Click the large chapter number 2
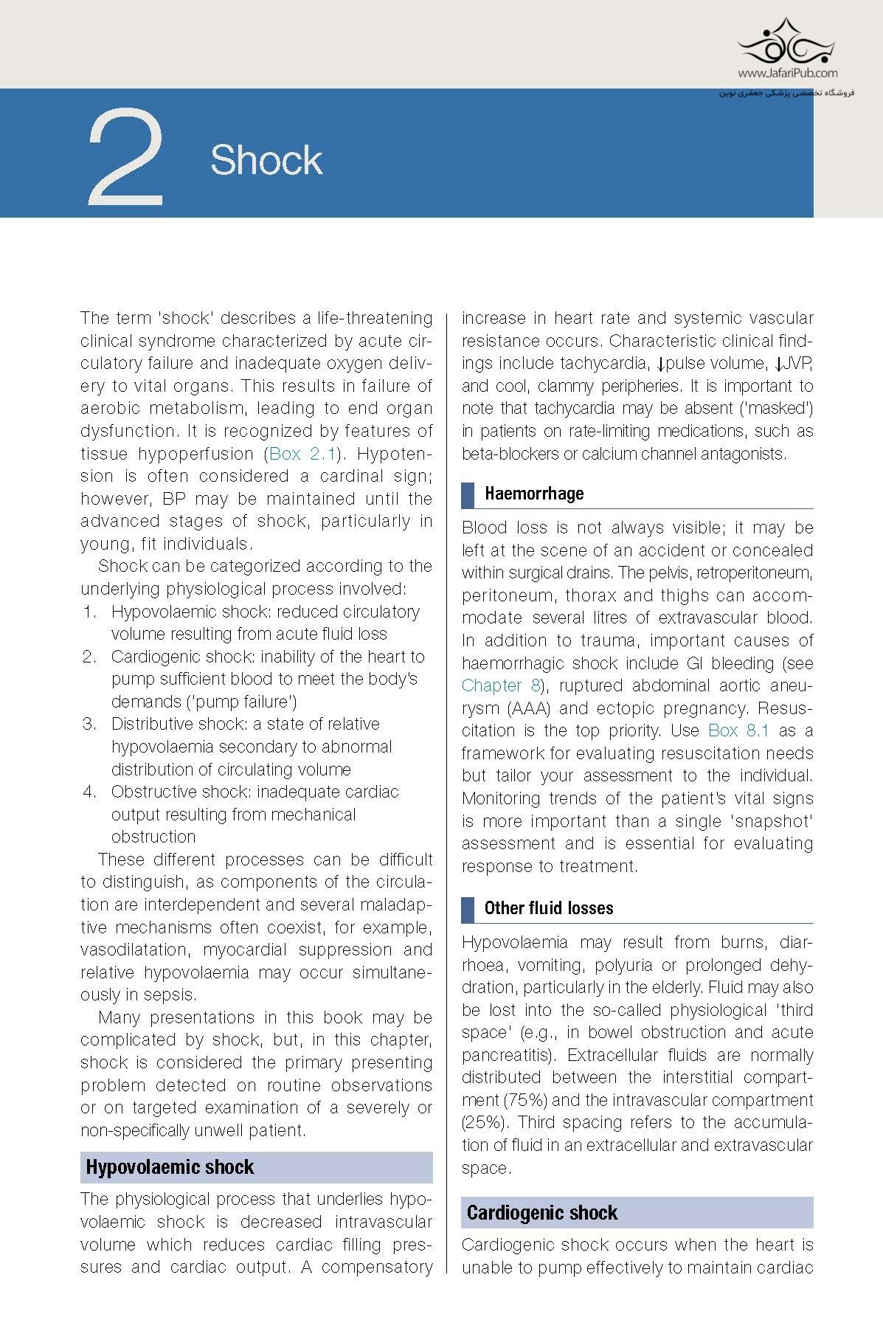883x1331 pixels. click(125, 157)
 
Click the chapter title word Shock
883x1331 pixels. click(266, 160)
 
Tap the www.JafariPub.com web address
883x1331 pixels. click(787, 73)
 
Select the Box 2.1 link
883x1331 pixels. click(302, 454)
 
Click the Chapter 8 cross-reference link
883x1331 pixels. click(501, 685)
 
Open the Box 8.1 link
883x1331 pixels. click(738, 730)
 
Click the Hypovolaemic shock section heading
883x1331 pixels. click(170, 1167)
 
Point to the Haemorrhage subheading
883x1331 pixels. click(534, 494)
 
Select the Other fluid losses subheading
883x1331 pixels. click(549, 908)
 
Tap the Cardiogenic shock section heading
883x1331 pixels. click(542, 1213)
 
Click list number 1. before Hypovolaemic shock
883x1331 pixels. click(89, 612)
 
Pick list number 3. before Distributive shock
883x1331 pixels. click(89, 724)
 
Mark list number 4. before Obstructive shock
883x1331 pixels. click(89, 792)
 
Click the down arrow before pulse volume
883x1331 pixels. click(660, 364)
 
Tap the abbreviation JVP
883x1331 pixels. click(797, 363)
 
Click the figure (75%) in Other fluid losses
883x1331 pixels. click(525, 1100)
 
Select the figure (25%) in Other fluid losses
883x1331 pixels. click(485, 1123)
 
